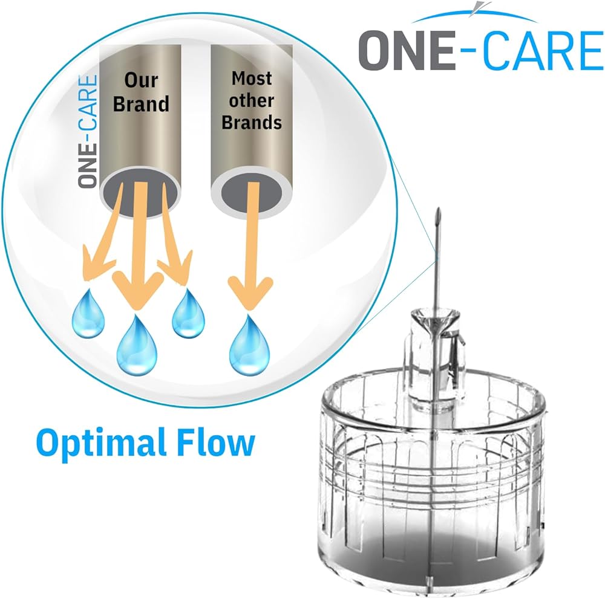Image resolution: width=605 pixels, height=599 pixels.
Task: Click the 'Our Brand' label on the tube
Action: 141,92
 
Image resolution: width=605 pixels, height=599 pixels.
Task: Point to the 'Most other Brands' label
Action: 252,100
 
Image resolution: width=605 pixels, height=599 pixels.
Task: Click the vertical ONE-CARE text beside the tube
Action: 88,131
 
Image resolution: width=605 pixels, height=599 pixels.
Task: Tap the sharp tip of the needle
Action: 438,209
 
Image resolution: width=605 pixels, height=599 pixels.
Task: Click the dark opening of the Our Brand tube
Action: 140,193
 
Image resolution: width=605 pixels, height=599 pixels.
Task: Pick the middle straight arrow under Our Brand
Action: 138,246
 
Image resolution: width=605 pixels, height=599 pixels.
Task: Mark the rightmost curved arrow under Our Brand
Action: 174,236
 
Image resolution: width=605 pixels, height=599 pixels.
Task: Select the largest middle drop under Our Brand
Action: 137,345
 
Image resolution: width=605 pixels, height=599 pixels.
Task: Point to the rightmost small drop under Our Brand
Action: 188,313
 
